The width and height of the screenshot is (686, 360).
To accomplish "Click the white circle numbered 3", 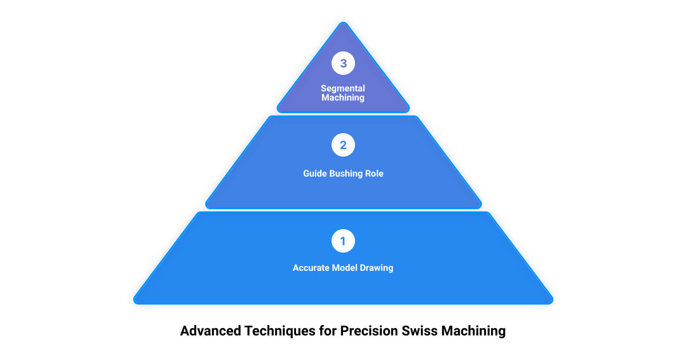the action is click(343, 63).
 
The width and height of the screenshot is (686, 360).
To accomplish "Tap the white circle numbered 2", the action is click(343, 145).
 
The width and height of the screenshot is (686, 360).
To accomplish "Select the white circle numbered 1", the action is click(343, 241).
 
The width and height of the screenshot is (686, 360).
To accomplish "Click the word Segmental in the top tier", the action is click(343, 89).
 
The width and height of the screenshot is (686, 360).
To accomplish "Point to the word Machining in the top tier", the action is click(343, 98).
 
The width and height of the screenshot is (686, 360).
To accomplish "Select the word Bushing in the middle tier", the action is click(346, 174).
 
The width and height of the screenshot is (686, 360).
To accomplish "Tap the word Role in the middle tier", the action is click(374, 174).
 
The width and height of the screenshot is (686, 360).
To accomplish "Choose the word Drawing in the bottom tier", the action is click(376, 268).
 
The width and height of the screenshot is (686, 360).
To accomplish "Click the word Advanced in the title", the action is click(211, 331).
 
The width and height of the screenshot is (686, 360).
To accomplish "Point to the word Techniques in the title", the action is click(280, 331).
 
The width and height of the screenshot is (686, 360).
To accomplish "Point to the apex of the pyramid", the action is click(344, 22).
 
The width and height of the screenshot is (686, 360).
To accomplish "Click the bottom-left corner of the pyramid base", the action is click(134, 303).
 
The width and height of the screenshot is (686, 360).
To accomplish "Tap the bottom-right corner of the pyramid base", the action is click(552, 303).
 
